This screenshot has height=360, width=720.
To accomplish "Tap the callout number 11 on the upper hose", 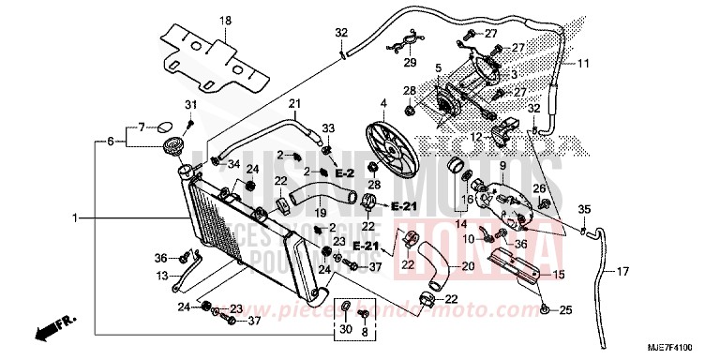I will [582, 64].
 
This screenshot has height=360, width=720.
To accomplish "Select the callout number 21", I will [293, 103].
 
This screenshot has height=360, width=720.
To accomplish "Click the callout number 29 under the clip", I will [408, 63].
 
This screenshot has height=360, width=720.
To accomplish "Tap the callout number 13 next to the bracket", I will [163, 276].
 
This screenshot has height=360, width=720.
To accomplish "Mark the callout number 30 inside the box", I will [344, 329].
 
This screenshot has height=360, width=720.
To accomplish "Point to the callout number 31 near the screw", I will [188, 103].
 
